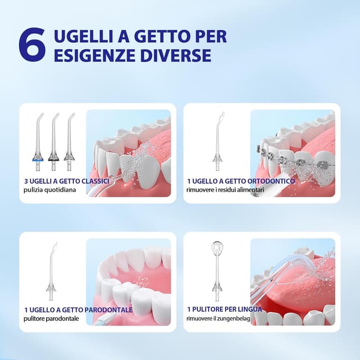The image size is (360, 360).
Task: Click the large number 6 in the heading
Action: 31,46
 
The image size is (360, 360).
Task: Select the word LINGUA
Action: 243,309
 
